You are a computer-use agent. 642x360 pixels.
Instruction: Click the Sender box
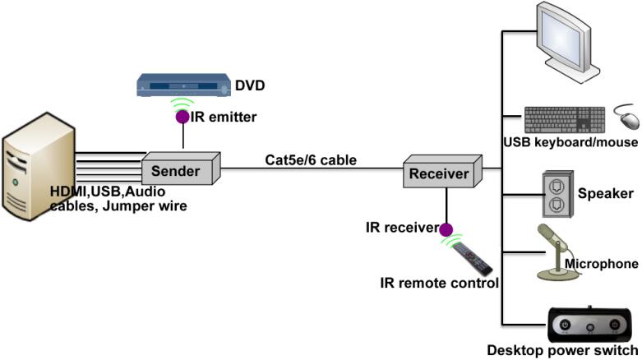pyautogui.click(x=181, y=168)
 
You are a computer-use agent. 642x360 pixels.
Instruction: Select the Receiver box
pyautogui.click(x=442, y=171)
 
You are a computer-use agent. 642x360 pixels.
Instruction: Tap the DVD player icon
pyautogui.click(x=183, y=85)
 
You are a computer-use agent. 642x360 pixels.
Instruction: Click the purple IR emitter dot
pyautogui.click(x=182, y=117)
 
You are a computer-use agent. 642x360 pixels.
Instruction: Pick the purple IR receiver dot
pyautogui.click(x=446, y=230)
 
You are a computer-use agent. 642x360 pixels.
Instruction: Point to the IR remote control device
pyautogui.click(x=473, y=259)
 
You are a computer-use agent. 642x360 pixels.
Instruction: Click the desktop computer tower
pyautogui.click(x=39, y=166)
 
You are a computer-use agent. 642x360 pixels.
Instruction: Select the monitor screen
pyautogui.click(x=561, y=35)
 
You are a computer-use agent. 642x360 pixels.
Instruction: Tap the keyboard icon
pyautogui.click(x=565, y=120)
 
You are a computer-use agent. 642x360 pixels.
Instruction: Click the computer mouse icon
pyautogui.click(x=628, y=118)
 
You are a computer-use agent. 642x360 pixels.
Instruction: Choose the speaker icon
pyautogui.click(x=557, y=194)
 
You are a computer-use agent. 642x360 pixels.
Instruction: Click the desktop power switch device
pyautogui.click(x=589, y=325)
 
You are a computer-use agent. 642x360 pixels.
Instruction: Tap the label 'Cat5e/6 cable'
pyautogui.click(x=311, y=159)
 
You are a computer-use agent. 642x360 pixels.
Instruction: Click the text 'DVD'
pyautogui.click(x=250, y=85)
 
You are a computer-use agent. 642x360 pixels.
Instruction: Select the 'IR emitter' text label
pyautogui.click(x=224, y=117)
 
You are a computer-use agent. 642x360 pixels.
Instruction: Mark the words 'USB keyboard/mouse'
pyautogui.click(x=570, y=141)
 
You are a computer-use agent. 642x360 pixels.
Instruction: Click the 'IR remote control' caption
pyautogui.click(x=439, y=283)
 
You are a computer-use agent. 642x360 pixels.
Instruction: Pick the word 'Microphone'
pyautogui.click(x=602, y=264)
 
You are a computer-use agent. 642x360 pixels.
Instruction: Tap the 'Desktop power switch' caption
pyautogui.click(x=562, y=350)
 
